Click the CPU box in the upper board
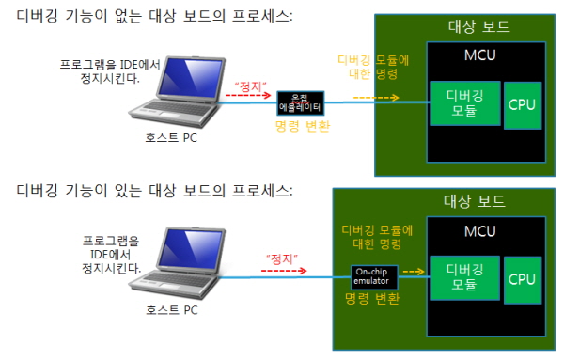(x=523, y=105)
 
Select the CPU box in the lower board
(x=523, y=280)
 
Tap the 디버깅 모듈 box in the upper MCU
(x=465, y=103)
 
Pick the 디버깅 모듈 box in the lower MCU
(x=464, y=278)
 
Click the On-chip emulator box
(x=374, y=277)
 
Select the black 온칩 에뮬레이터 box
(x=301, y=103)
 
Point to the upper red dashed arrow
(x=248, y=95)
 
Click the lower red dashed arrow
(x=284, y=271)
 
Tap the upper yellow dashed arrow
(x=376, y=98)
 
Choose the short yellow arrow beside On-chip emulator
(x=414, y=272)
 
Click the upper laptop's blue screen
(x=190, y=78)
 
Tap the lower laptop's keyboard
(x=173, y=279)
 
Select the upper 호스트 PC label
(x=171, y=138)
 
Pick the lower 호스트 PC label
(x=172, y=310)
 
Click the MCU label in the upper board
(x=479, y=55)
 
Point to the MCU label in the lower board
(x=479, y=231)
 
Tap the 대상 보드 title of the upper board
(x=478, y=26)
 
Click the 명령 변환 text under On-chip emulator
(x=372, y=298)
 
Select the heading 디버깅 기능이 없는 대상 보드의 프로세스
(x=155, y=16)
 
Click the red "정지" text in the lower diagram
(x=282, y=258)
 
